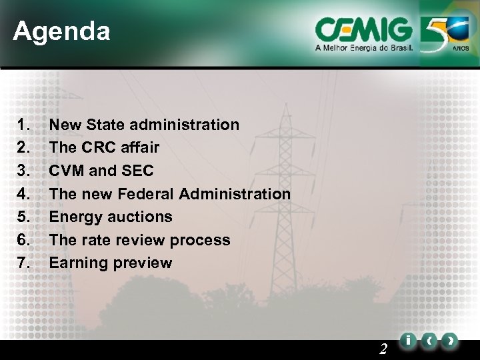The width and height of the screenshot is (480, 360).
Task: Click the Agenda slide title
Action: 61,31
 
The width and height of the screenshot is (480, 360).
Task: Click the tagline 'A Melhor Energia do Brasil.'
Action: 364,49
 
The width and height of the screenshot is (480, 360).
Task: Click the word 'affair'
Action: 141,147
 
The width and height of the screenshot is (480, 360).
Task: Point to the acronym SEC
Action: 137,171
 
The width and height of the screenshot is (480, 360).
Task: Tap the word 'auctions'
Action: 141,217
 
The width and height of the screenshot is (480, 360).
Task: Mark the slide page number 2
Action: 383,348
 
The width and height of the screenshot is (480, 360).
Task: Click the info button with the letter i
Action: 407,341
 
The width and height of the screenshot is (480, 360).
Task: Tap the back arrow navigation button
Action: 429,341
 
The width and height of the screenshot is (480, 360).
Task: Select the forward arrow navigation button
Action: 451,341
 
